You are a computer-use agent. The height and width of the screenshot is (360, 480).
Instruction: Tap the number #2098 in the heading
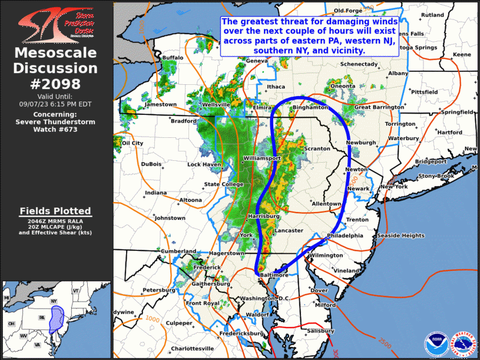(x=57, y=83)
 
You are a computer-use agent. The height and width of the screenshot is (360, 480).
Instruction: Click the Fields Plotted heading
(x=55, y=210)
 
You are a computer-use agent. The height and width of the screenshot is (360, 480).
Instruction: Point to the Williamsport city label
(x=263, y=159)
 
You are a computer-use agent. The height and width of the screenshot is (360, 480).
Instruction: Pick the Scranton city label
(x=318, y=149)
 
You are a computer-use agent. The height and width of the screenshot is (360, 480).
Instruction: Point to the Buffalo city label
(x=173, y=58)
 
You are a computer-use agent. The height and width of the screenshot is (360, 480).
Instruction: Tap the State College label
(x=224, y=184)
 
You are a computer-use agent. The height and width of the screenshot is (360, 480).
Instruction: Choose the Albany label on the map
(x=398, y=73)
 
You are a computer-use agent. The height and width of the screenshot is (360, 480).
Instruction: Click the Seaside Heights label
(x=400, y=236)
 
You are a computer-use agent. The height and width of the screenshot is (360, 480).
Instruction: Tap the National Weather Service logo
(x=463, y=343)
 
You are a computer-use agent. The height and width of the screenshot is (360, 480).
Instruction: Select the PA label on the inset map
(x=42, y=317)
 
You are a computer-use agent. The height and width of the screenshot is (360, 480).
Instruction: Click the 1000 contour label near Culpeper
(x=152, y=319)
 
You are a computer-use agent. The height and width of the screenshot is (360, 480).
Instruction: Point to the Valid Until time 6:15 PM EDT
(x=57, y=103)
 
